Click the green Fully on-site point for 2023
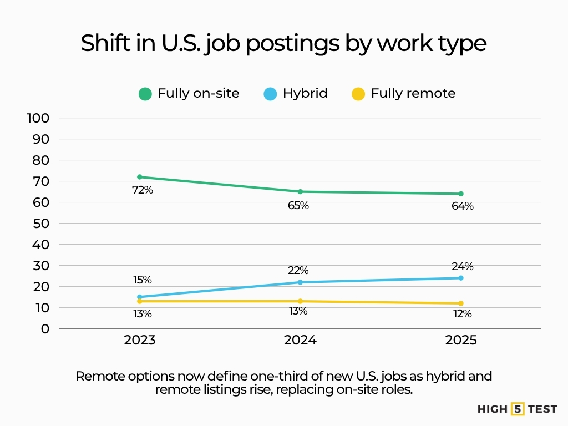pos(139,177)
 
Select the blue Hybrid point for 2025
pos(461,278)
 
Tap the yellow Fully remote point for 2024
pos(300,301)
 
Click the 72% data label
pos(143,190)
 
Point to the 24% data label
pos(462,266)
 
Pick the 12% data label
pos(462,314)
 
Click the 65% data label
pos(298,206)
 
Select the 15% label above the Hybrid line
pos(142,280)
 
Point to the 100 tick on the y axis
pos(38,118)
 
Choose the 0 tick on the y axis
pos(45,329)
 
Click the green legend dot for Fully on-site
pos(145,94)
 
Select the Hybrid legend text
pos(305,93)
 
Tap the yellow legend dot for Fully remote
pos(358,94)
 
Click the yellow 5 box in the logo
pos(518,409)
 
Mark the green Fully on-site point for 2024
pos(300,191)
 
